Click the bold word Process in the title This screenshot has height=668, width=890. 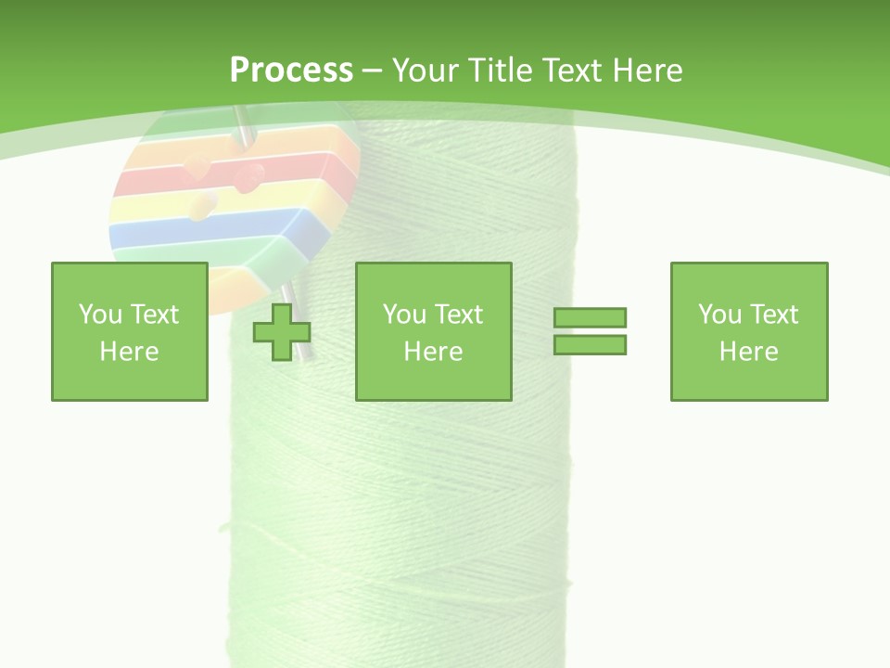pos(291,71)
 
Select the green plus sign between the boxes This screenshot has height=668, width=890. pos(282,332)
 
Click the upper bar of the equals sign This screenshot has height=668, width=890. pos(590,318)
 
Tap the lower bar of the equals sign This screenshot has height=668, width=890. pos(590,345)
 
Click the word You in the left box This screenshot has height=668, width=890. pos(100,315)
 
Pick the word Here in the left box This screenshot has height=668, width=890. pos(129,352)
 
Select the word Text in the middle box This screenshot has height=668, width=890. pos(458,315)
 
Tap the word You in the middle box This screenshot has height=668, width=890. pos(404,315)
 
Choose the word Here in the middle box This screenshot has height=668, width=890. pos(433,352)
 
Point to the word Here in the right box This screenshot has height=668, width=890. pos(748,352)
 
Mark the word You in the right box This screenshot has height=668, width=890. pos(719,315)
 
